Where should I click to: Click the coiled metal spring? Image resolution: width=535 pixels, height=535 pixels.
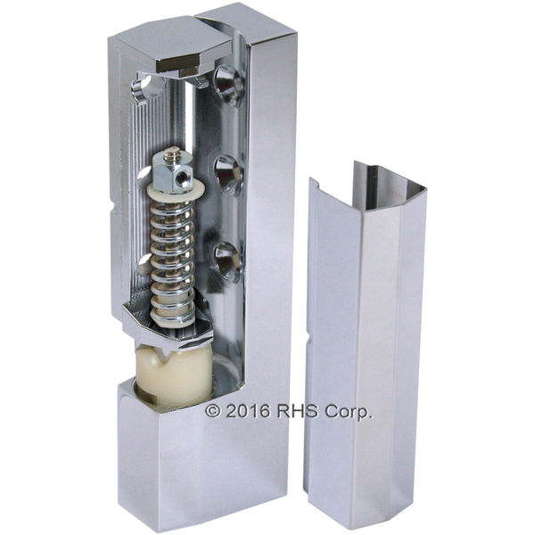pos(172,259)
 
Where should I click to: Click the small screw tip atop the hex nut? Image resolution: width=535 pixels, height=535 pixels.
pos(174,152)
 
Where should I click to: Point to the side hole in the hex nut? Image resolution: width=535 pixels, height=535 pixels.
pos(185,177)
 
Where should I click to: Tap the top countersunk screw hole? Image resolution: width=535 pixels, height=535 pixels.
pos(228,86)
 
